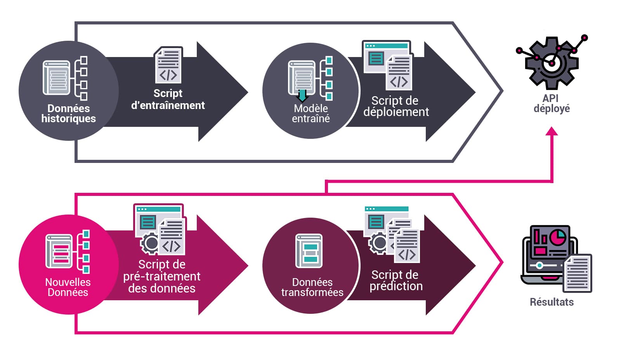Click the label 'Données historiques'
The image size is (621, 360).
pyautogui.click(x=68, y=113)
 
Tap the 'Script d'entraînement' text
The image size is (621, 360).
pyautogui.click(x=168, y=99)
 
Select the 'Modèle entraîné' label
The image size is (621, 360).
pyautogui.click(x=310, y=113)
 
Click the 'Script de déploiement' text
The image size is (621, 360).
pyautogui.click(x=395, y=106)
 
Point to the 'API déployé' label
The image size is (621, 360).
pyautogui.click(x=551, y=103)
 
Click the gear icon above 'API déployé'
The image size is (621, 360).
pyautogui.click(x=551, y=62)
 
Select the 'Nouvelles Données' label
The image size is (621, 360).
pyautogui.click(x=68, y=287)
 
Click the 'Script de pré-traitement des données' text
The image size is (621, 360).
pyautogui.click(x=162, y=276)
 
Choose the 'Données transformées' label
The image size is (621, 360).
pyautogui.click(x=312, y=287)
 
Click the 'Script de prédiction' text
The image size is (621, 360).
pyautogui.click(x=395, y=280)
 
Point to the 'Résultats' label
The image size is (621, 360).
pyautogui.click(x=551, y=302)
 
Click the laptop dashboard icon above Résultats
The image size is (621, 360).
pyautogui.click(x=549, y=256)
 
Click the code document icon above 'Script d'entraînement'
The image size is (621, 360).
pyautogui.click(x=168, y=65)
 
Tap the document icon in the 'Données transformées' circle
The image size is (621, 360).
pyautogui.click(x=309, y=251)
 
